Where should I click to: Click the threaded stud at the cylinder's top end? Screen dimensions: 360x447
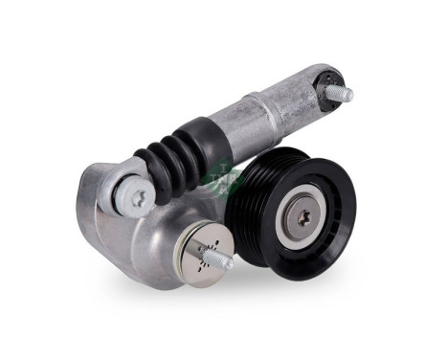click(341, 93)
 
